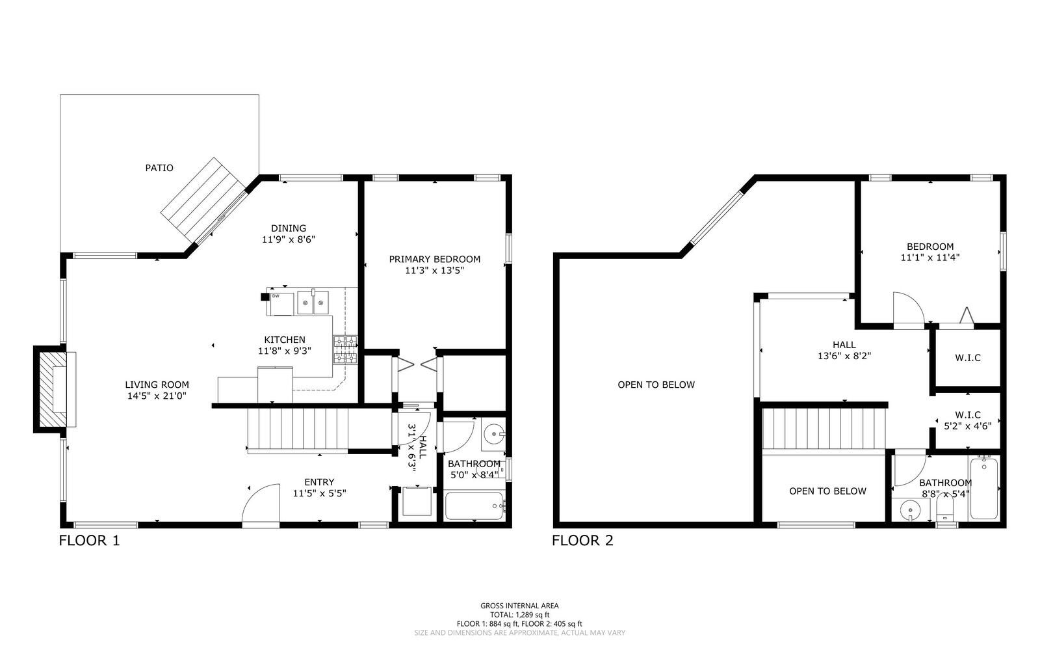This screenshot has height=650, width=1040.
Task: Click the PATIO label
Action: (159, 168)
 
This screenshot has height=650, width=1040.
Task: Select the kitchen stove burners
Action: (345, 349)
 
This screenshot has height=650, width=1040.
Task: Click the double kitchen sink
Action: (313, 303)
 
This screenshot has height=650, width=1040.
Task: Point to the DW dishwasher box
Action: (281, 304)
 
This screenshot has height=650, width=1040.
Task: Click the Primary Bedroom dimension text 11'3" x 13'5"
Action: (434, 270)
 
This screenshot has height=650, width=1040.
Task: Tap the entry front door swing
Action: (261, 504)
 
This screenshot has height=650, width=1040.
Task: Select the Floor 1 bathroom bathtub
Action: (474, 506)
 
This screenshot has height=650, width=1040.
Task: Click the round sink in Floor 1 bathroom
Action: (495, 433)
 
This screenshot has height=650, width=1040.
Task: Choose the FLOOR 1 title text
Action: (89, 540)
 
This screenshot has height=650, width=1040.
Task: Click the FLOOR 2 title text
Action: (582, 540)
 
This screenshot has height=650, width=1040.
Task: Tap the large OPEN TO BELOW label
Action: (656, 385)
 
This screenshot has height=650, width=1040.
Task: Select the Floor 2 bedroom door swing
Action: (907, 308)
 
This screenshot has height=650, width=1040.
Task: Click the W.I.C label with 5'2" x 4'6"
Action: (967, 420)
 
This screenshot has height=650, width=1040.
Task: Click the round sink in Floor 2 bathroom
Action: (911, 511)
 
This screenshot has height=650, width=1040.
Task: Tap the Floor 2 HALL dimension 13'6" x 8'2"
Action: (844, 356)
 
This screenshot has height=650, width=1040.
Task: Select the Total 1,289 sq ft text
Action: (519, 614)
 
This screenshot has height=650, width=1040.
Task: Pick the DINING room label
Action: (289, 228)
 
